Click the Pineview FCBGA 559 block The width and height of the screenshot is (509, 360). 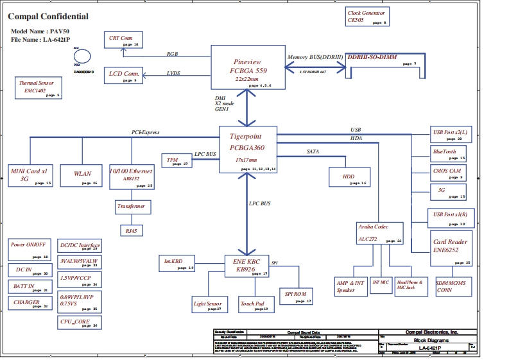(247, 67)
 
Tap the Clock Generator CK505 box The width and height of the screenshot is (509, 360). (367, 17)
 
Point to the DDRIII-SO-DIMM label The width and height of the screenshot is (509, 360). (372, 58)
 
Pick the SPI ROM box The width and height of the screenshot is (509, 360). (296, 296)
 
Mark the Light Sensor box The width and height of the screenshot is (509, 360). (208, 305)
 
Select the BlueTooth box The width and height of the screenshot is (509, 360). (448, 153)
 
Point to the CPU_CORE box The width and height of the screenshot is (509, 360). (78, 322)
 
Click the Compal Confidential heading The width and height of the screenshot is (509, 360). (49, 17)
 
